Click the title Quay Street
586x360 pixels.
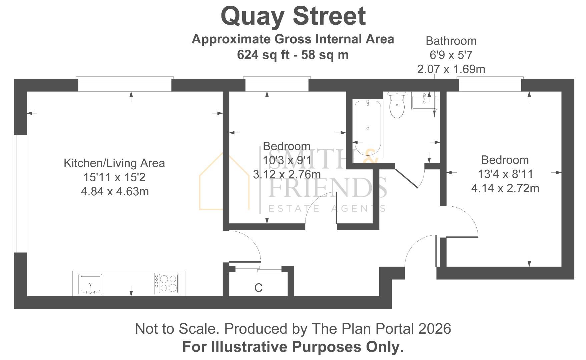293,16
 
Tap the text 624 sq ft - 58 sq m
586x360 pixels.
293,55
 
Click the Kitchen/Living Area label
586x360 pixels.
114,163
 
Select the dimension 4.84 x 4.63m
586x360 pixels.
115,192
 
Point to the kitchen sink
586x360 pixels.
90,284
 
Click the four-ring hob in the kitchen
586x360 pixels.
167,284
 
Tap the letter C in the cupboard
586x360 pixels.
258,288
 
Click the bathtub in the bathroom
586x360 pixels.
368,128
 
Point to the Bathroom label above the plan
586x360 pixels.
451,41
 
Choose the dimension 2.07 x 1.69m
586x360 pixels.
451,69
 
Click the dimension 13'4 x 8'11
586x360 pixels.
505,174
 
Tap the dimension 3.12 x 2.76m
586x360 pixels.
287,174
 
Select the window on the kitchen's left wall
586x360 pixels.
19,193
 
